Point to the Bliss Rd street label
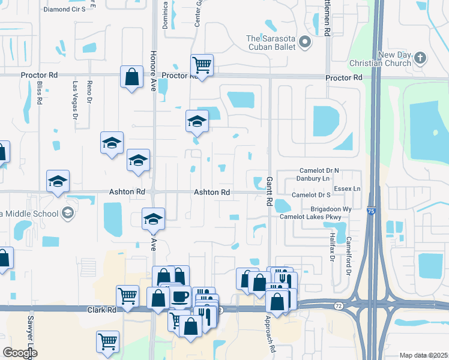39,92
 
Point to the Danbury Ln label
314,179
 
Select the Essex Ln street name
348,188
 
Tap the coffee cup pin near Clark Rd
180,296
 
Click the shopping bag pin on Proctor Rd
131,77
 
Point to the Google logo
20,353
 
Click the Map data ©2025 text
423,355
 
